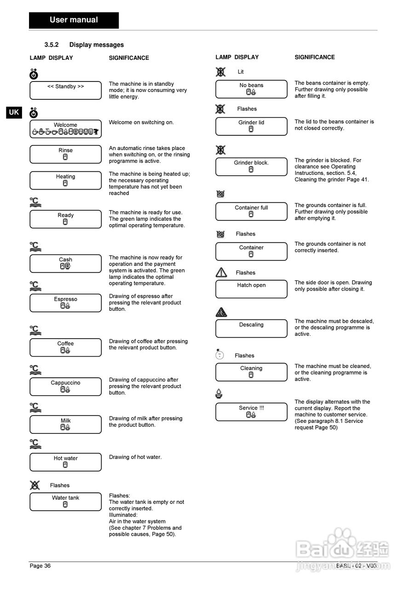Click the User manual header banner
pos(74,20)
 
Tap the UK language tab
pos(14,112)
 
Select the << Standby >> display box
pos(65,91)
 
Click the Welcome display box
pos(65,129)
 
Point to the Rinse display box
pos(65,154)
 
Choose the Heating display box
pos(65,180)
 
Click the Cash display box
pos(65,264)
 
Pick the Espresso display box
pos(65,303)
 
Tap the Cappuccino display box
pos(65,387)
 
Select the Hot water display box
pos(65,462)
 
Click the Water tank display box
pos(65,502)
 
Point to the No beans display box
pos(251,89)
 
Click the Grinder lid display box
pos(251,127)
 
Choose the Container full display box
pos(251,211)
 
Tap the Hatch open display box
pos(251,289)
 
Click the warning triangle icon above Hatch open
pos(221,272)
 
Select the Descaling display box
pos(251,328)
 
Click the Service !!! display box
pos(251,412)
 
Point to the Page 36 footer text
pos(40,566)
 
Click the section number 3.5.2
pos(52,45)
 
